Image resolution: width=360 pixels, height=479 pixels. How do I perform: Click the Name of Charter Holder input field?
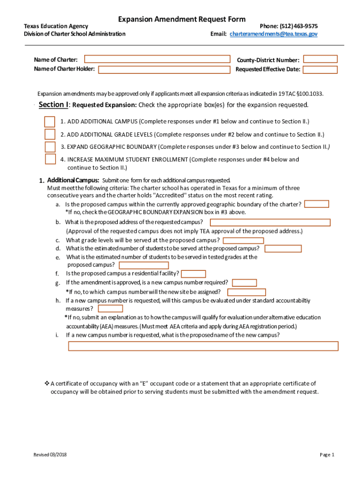(164, 70)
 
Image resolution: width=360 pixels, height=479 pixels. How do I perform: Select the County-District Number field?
(320, 59)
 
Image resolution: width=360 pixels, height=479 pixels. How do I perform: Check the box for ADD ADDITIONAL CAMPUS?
(50, 122)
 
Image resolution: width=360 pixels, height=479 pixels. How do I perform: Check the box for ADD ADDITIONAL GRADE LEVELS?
(50, 135)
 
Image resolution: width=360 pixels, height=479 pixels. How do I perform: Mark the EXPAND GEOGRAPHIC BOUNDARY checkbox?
(50, 147)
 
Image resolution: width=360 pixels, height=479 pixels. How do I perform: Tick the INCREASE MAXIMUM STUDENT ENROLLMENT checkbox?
(50, 159)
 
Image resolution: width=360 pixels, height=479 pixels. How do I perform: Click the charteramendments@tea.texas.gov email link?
(274, 34)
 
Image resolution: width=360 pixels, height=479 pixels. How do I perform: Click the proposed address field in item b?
(270, 223)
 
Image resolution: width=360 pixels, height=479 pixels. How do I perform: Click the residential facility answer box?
(193, 274)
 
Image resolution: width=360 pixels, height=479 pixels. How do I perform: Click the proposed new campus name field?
(203, 346)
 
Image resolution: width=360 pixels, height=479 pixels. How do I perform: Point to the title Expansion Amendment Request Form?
(181, 19)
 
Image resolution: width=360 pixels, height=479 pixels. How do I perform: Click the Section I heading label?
(53, 105)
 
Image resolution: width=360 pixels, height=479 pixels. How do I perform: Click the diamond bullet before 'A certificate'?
(47, 384)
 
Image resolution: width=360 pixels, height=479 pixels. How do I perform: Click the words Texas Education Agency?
(56, 26)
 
